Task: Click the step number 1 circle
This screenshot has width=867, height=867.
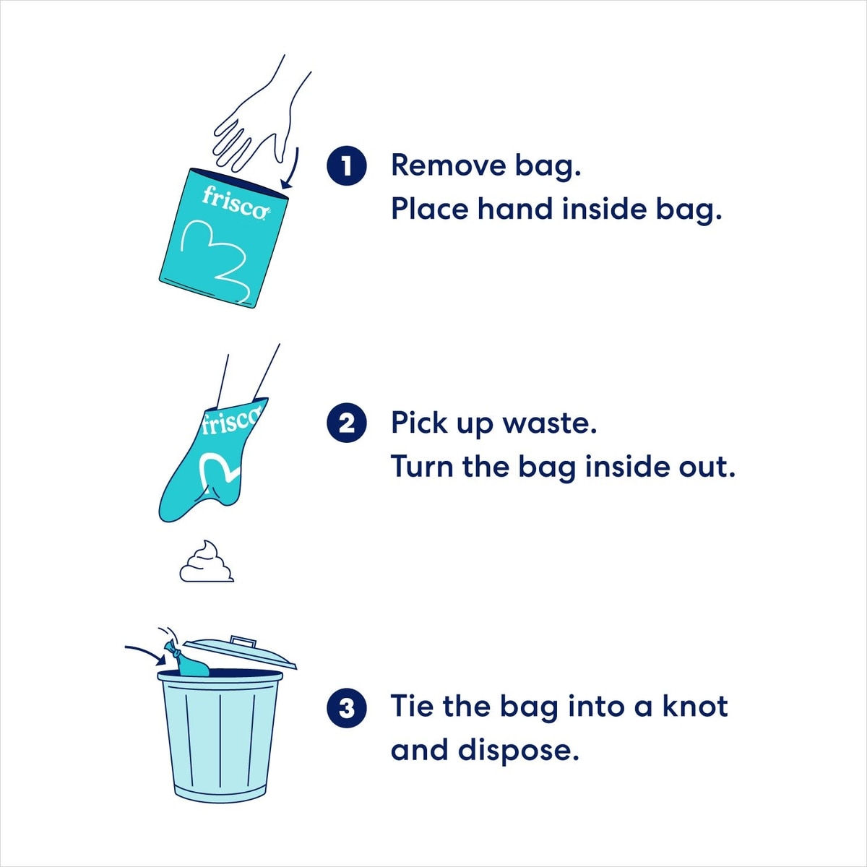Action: pos(347,166)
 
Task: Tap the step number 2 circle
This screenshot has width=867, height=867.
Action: pos(347,424)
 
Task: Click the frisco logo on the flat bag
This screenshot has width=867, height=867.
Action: pos(236,203)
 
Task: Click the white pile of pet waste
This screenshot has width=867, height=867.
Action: pos(207,561)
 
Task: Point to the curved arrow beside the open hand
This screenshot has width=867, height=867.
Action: pos(292,169)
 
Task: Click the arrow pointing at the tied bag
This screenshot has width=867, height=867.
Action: pos(146,653)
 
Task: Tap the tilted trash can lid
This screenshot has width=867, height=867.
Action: pos(241,652)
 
